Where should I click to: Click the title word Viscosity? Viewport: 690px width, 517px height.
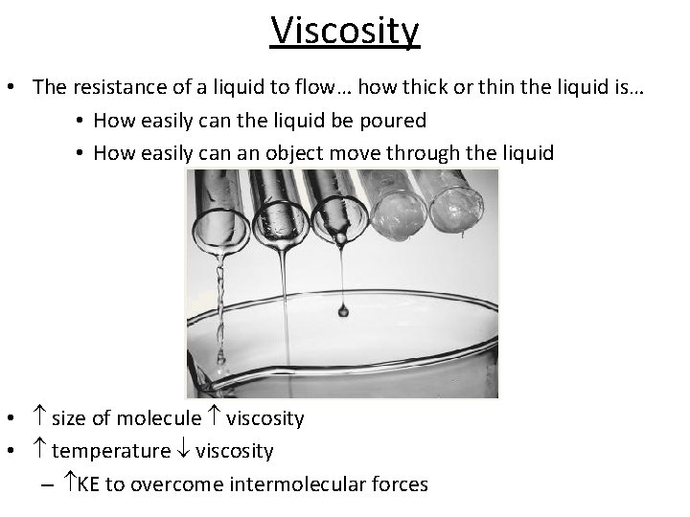pos(345,31)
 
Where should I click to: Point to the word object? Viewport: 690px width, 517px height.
pos(290,153)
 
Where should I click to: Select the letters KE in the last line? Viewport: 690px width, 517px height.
pos(88,484)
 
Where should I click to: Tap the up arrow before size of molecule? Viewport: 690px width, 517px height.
pos(39,418)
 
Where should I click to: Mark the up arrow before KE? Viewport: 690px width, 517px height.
pos(69,484)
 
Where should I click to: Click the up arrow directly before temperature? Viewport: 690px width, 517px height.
pos(39,451)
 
